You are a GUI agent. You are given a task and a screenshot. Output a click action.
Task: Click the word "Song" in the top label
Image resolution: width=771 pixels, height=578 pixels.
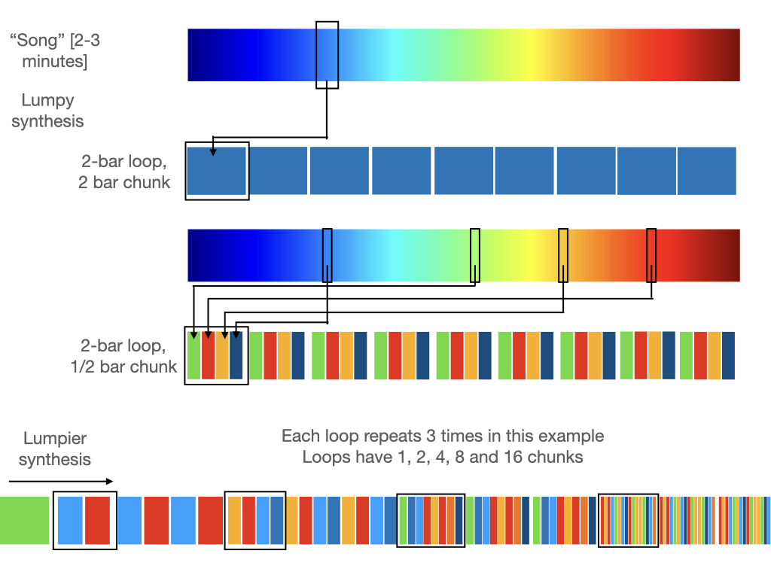[x=35, y=40]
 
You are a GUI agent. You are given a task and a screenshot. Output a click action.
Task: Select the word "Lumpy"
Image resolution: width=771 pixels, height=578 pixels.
[x=48, y=100]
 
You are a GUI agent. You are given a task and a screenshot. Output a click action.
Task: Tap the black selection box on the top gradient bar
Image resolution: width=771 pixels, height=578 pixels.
[x=327, y=54]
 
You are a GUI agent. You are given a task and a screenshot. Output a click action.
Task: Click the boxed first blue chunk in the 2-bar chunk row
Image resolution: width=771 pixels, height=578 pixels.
[x=217, y=171]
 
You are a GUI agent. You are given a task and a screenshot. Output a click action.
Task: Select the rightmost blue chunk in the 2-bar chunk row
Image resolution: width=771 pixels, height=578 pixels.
[x=706, y=171]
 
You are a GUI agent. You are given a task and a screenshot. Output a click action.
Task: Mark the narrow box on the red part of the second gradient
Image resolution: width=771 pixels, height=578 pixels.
[x=651, y=255]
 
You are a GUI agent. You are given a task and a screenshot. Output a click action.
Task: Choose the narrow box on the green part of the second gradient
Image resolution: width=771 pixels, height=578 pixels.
[x=474, y=255]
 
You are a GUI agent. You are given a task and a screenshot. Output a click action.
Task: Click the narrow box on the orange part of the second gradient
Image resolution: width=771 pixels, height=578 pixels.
[x=562, y=255]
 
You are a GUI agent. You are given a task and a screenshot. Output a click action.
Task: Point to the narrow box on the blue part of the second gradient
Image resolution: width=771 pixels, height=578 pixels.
[x=327, y=255]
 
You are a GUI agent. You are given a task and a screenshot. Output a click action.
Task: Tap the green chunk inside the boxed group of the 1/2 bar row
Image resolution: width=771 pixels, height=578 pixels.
[x=194, y=354]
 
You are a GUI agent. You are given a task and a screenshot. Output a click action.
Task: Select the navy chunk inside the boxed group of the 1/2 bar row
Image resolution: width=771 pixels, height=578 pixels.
[x=236, y=354]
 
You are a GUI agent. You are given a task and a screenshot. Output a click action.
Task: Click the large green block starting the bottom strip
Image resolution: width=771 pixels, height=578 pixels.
[x=25, y=520]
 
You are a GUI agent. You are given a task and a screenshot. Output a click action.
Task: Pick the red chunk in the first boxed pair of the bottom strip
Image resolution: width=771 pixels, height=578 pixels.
[x=98, y=520]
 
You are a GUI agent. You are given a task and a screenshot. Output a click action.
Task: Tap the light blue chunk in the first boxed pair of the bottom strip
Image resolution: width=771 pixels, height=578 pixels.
[x=70, y=520]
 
